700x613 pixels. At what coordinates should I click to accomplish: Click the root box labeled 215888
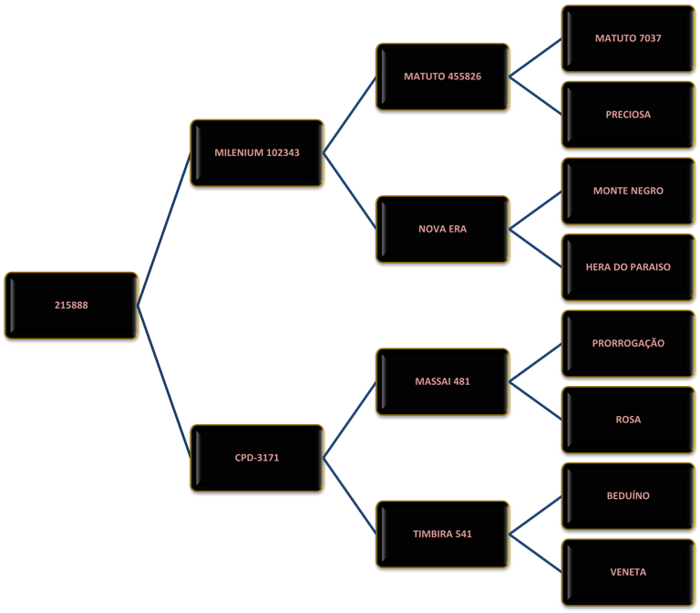(71, 306)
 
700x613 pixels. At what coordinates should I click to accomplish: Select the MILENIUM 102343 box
(257, 153)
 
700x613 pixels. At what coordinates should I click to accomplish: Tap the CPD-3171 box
(257, 458)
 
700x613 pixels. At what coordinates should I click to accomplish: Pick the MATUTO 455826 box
(442, 77)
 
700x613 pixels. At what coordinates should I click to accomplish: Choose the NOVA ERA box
(442, 229)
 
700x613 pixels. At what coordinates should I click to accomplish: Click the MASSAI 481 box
(442, 381)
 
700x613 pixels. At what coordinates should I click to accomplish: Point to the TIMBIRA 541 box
(442, 534)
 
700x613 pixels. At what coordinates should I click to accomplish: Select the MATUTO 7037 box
(628, 38)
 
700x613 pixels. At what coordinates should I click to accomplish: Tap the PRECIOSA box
(628, 115)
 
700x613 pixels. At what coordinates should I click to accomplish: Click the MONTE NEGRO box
(628, 191)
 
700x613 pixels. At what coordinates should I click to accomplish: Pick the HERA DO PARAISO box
(628, 267)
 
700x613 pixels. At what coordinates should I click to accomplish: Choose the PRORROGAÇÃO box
(628, 344)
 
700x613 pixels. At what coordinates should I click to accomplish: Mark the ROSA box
(628, 420)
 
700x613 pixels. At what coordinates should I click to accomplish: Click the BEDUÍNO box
(628, 496)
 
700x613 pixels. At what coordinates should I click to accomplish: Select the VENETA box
(628, 572)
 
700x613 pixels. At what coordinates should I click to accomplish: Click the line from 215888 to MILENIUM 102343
(164, 229)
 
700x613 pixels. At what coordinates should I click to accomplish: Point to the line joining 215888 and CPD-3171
(164, 381)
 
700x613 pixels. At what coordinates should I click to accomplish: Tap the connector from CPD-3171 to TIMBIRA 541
(350, 496)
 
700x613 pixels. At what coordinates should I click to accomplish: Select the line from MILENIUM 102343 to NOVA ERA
(350, 191)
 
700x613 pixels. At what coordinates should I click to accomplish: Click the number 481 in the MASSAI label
(461, 381)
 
